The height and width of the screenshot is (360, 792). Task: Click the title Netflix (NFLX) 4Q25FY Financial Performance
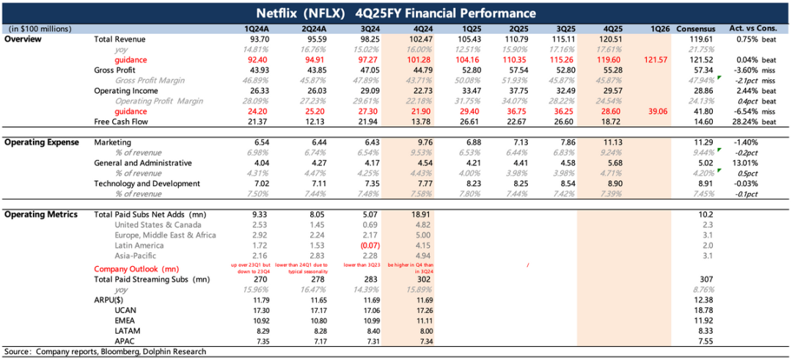[396, 13]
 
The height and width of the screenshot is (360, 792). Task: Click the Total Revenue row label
[120, 38]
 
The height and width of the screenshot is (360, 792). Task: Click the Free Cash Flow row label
[119, 121]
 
